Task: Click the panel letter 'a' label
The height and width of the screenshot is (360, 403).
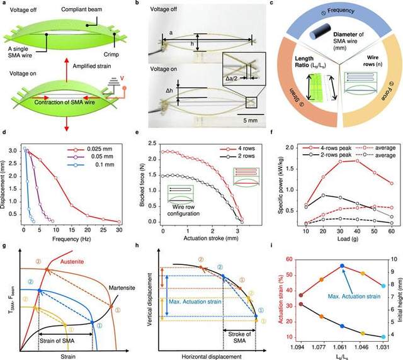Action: (4, 4)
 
